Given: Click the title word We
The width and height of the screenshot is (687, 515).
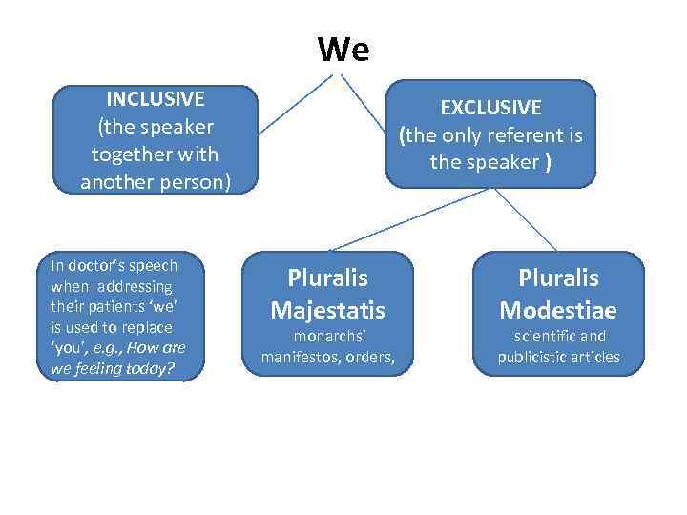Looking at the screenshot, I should click(x=343, y=49).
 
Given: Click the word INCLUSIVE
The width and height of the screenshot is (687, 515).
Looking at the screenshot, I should click(x=156, y=99).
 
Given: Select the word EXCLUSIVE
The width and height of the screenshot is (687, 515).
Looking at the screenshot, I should click(x=490, y=108).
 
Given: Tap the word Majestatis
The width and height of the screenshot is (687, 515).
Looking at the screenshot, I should click(x=327, y=310).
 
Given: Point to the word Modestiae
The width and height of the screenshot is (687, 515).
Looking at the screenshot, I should click(x=558, y=310).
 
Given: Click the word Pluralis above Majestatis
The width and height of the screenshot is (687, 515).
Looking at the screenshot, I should click(x=327, y=278).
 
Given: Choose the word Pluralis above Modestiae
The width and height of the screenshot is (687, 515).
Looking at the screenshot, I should click(x=558, y=278).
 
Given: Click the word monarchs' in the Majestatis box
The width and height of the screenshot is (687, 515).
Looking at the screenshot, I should click(x=326, y=338).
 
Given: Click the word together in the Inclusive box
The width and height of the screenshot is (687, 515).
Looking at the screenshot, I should click(x=127, y=154).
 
